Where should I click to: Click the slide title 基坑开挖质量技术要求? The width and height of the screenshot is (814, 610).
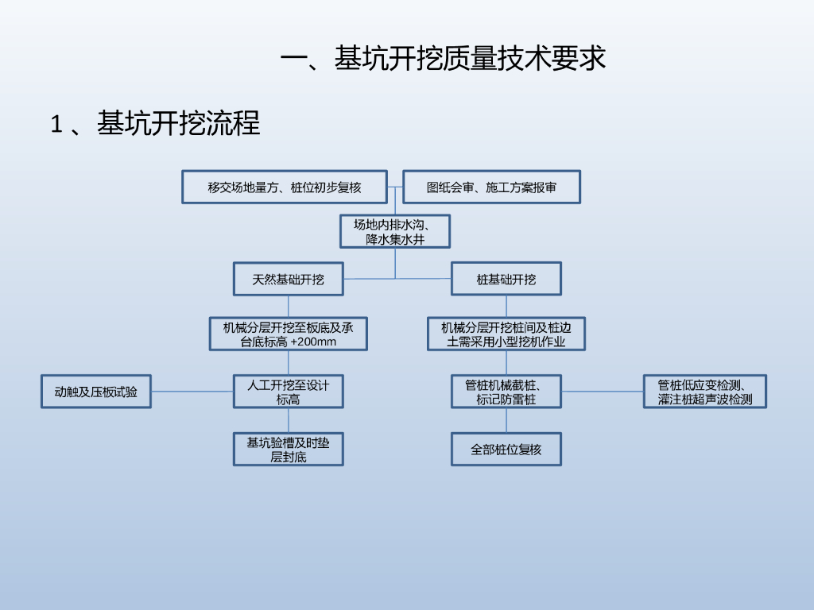pyautogui.click(x=444, y=59)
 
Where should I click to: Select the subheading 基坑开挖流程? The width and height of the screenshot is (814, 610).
pyautogui.click(x=179, y=124)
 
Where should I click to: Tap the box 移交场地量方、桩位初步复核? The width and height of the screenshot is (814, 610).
pyautogui.click(x=285, y=187)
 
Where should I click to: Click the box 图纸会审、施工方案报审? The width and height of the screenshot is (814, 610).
pyautogui.click(x=491, y=187)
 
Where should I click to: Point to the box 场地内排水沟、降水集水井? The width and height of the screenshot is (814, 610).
pyautogui.click(x=395, y=231)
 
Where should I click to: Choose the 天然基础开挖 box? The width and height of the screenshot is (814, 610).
pyautogui.click(x=288, y=280)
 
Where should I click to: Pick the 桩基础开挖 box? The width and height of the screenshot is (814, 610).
pyautogui.click(x=506, y=280)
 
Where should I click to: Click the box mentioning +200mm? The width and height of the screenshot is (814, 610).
pyautogui.click(x=288, y=334)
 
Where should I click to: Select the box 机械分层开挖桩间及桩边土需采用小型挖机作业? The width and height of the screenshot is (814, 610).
pyautogui.click(x=506, y=334)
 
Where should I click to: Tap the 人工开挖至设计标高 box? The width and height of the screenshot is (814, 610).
pyautogui.click(x=288, y=392)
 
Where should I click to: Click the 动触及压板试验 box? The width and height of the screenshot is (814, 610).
pyautogui.click(x=95, y=392)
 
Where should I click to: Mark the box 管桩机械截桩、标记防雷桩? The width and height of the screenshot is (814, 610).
pyautogui.click(x=506, y=392)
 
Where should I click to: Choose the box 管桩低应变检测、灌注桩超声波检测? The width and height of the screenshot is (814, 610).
pyautogui.click(x=705, y=392)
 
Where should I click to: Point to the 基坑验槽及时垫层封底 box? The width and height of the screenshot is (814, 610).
pyautogui.click(x=288, y=450)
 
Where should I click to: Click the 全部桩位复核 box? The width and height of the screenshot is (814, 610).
pyautogui.click(x=506, y=450)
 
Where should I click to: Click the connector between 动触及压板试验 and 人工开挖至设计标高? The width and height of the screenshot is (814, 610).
pyautogui.click(x=192, y=392)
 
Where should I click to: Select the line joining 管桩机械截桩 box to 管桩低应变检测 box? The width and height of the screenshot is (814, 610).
pyautogui.click(x=603, y=392)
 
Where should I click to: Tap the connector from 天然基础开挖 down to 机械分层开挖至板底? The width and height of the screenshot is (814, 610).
pyautogui.click(x=288, y=307)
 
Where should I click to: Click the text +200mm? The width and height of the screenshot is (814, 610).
pyautogui.click(x=313, y=342)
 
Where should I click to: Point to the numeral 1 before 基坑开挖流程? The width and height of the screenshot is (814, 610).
pyautogui.click(x=56, y=125)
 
